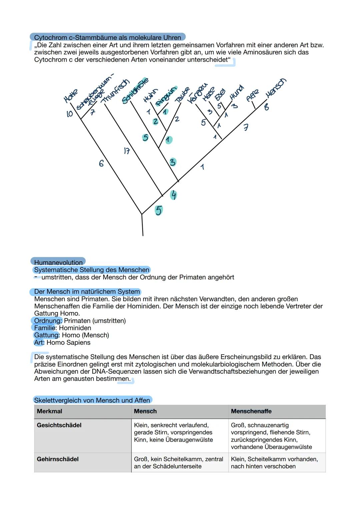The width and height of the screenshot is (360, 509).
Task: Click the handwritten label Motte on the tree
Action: click(x=70, y=96)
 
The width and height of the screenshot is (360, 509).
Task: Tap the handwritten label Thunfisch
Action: click(x=115, y=91)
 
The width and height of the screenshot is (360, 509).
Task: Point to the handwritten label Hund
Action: click(x=237, y=92)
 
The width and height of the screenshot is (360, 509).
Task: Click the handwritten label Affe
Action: click(x=252, y=95)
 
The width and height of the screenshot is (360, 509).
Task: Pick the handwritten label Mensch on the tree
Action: click(x=276, y=88)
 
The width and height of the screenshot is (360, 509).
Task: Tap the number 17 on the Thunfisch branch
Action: click(x=127, y=151)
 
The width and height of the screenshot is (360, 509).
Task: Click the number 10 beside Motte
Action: click(x=70, y=114)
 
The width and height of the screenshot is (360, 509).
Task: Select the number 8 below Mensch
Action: click(x=267, y=107)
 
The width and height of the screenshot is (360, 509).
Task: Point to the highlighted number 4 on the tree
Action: click(x=173, y=195)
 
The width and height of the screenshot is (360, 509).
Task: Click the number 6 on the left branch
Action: click(x=101, y=163)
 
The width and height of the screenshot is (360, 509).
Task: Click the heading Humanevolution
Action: click(x=58, y=262)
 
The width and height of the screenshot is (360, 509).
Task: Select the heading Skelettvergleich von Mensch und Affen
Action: click(x=92, y=400)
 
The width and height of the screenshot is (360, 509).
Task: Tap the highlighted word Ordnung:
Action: click(x=48, y=321)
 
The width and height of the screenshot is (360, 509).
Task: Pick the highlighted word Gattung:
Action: click(x=47, y=335)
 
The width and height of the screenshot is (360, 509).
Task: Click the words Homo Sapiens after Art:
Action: click(x=68, y=342)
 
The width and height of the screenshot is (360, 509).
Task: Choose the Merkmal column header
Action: click(x=49, y=411)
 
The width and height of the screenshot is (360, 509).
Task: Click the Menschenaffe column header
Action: click(x=251, y=411)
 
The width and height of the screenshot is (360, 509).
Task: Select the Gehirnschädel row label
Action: click(x=58, y=459)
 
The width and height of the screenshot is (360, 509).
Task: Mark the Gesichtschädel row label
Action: click(x=59, y=425)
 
